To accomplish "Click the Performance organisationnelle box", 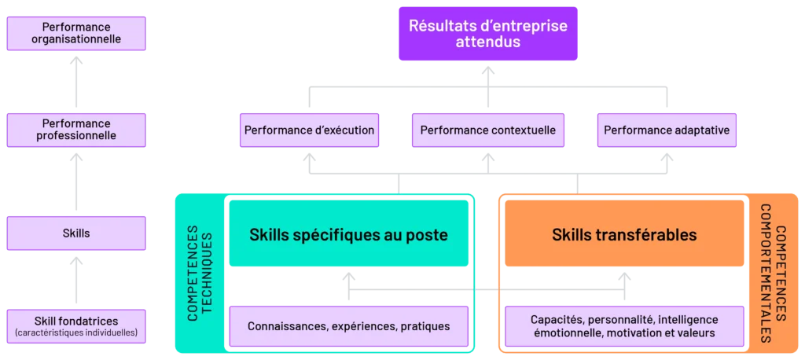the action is [x=76, y=33].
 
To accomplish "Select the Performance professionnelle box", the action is [x=76, y=130].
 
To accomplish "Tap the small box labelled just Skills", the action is [x=76, y=233].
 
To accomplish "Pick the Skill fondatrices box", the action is [x=76, y=326].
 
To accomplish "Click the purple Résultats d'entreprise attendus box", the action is [x=488, y=33].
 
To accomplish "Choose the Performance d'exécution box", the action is [x=309, y=130].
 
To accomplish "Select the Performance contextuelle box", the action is [x=487, y=130].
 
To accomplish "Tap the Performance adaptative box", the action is [x=667, y=130].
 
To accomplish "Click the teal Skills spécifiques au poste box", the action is [x=348, y=233].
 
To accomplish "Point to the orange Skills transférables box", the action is [x=624, y=233].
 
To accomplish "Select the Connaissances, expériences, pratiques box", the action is [x=348, y=326].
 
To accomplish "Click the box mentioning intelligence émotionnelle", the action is [x=624, y=326].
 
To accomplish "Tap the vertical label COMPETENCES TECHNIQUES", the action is [x=200, y=273].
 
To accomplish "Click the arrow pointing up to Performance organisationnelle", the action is [x=76, y=81].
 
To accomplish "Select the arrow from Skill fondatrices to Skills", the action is [x=76, y=280].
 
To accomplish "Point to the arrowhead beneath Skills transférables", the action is [x=624, y=277].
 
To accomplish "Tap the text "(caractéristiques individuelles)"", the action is [x=76, y=332].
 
